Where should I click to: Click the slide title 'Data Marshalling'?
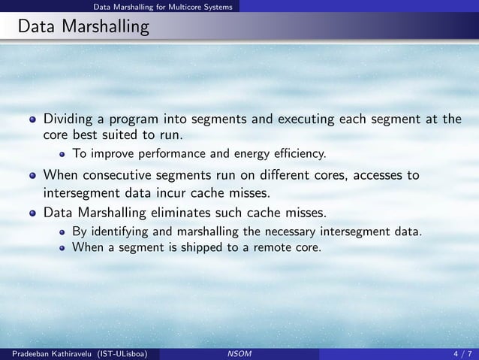[x=83, y=29]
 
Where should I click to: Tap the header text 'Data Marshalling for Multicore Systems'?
[x=162, y=7]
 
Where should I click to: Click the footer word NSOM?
[x=239, y=353]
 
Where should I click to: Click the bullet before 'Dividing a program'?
[x=32, y=119]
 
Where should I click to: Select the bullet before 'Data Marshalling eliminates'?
[x=32, y=213]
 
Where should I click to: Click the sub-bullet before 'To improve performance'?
[x=63, y=155]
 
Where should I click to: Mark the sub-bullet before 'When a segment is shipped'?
[x=63, y=245]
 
